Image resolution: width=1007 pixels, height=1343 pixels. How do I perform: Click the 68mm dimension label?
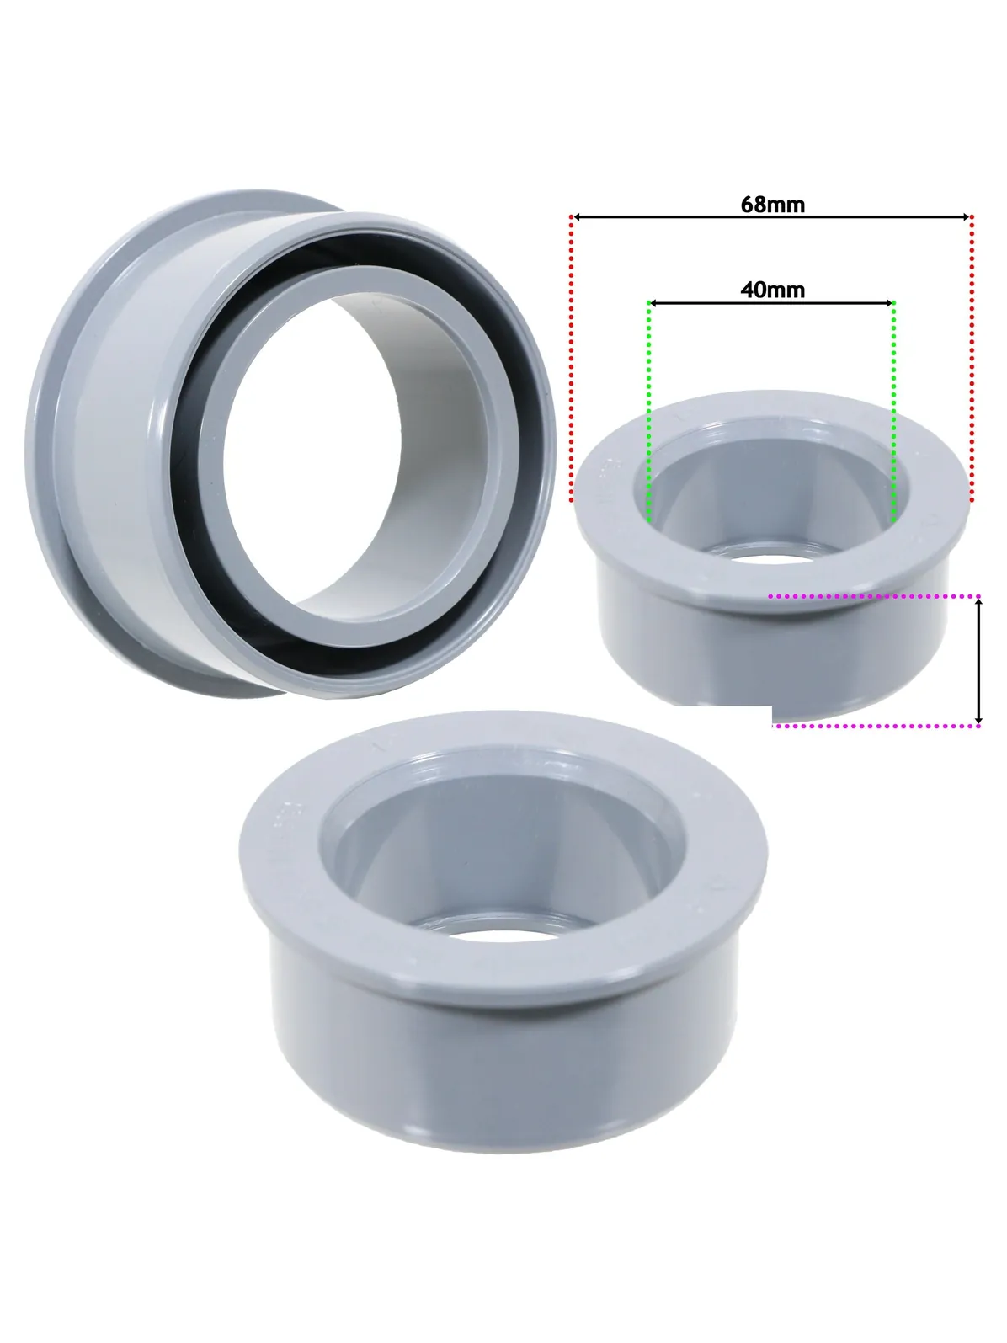pos(772,205)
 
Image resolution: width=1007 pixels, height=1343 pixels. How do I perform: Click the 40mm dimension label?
pos(772,290)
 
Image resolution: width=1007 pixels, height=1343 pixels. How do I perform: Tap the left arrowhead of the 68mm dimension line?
pos(576,216)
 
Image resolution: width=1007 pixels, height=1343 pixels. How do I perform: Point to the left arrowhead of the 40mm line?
pos(653,303)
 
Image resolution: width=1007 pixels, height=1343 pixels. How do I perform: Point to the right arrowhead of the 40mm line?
pos(889,303)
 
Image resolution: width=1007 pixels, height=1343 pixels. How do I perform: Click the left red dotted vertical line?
pos(572,359)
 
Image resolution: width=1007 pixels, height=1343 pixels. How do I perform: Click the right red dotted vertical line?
pos(972,359)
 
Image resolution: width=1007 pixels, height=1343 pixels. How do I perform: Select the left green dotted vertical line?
pos(648,411)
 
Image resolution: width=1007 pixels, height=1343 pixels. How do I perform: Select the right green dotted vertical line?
pos(894,411)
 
